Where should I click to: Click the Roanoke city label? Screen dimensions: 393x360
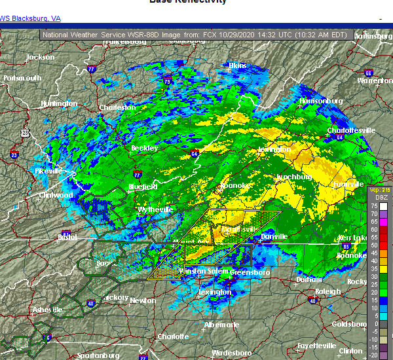point(234,186)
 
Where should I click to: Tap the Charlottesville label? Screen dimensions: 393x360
point(351,130)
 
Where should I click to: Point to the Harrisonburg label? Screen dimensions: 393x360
point(321,101)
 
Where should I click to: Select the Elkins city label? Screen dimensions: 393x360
point(236,65)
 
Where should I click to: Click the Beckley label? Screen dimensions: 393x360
point(145,148)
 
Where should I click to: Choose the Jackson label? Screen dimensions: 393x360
point(41,58)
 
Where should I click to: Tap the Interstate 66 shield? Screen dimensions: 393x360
point(368,73)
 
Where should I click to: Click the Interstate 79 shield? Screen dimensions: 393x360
point(168,82)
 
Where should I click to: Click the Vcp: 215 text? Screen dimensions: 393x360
point(379,190)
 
